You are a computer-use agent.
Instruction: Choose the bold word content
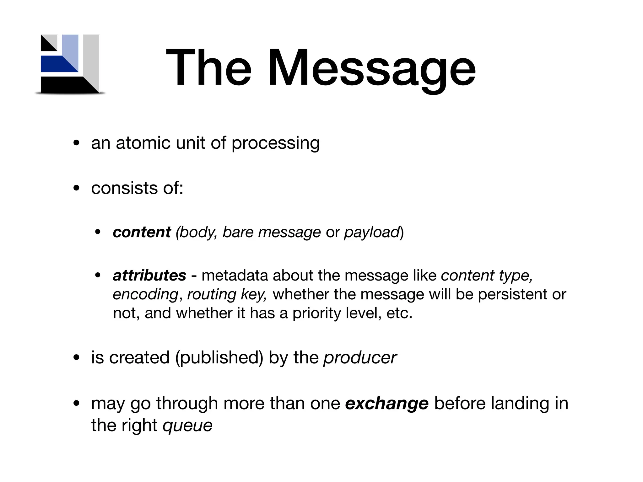click(x=142, y=232)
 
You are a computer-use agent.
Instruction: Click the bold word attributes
click(x=149, y=276)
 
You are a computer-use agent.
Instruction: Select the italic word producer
click(x=360, y=358)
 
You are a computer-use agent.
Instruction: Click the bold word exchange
click(x=386, y=404)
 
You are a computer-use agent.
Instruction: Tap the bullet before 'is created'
click(x=76, y=358)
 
